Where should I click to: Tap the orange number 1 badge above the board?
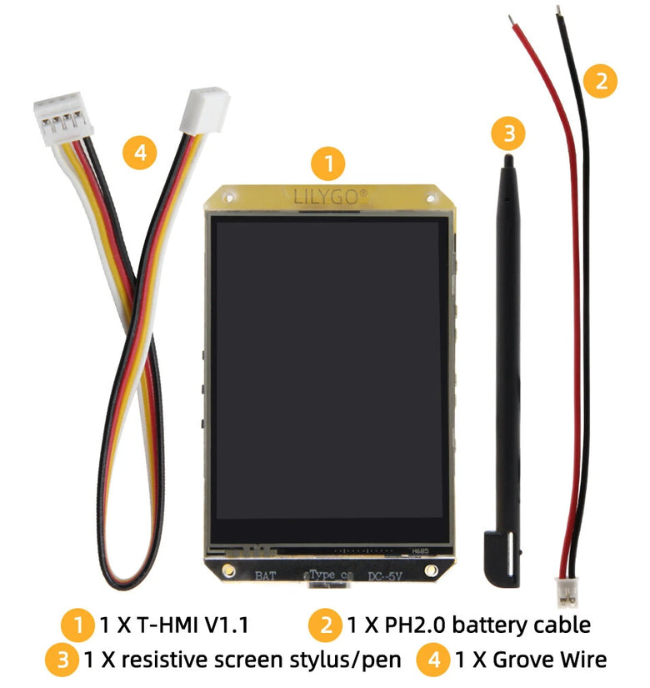point(327,163)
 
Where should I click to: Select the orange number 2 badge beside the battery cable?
point(600,81)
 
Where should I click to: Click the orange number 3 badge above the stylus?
point(508,133)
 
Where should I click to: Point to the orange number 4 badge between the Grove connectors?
point(140,153)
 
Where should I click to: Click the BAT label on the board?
point(266,575)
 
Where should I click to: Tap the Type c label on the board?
point(328,575)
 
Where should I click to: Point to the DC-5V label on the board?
point(385,576)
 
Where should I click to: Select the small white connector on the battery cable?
point(567,592)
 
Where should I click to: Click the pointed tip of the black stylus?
point(508,157)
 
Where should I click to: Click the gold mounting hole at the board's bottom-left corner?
point(228,570)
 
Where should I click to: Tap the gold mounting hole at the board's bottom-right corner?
point(431,570)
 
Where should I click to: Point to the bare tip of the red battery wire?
point(511,19)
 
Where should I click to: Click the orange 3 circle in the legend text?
point(62,660)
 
